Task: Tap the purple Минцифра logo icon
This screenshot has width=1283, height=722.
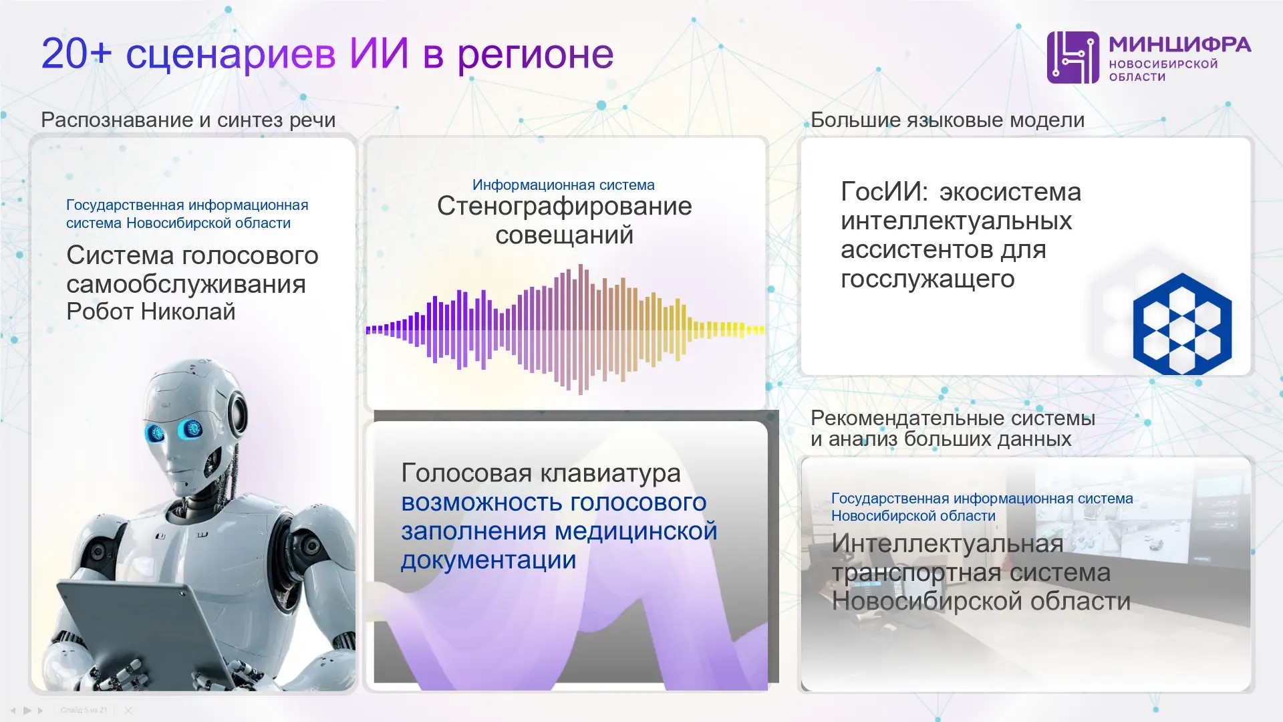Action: [1073, 57]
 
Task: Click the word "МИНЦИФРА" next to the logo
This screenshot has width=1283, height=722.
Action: [1179, 45]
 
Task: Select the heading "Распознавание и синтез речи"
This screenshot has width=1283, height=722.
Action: [188, 120]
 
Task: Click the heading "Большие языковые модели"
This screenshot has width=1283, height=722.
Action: [947, 120]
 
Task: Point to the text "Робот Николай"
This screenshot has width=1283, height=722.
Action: [151, 312]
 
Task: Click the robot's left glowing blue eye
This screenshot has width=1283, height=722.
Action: [156, 433]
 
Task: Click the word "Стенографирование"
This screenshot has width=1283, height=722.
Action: [565, 206]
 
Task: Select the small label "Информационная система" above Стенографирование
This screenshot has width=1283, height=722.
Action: [563, 185]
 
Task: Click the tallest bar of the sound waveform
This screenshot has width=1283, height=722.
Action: [581, 330]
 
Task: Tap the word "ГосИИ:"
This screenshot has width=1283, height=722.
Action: [884, 192]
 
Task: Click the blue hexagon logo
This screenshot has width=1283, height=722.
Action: [1182, 324]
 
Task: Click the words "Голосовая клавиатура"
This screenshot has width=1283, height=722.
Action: [541, 473]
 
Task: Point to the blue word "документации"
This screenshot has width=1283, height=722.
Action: [488, 560]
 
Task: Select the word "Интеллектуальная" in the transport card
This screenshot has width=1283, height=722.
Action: [947, 544]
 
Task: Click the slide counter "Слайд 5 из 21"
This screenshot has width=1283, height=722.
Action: [84, 710]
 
